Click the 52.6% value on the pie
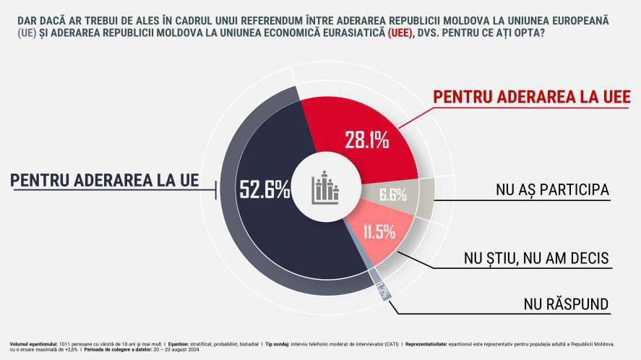pos(264,190)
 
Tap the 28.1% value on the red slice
pos(366,140)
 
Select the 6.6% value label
pos(393,194)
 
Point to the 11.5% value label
pos(379,232)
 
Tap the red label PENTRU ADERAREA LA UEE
pos(531,97)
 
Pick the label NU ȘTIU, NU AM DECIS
pos(535,257)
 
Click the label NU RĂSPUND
pos(567,304)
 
